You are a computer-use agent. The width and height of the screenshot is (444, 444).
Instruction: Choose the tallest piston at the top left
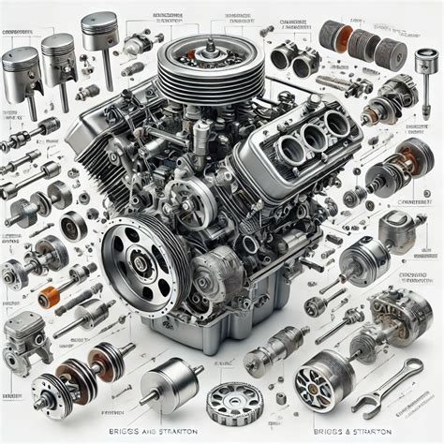click(98, 37)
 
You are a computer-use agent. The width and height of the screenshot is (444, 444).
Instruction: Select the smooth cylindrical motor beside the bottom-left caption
click(170, 382)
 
